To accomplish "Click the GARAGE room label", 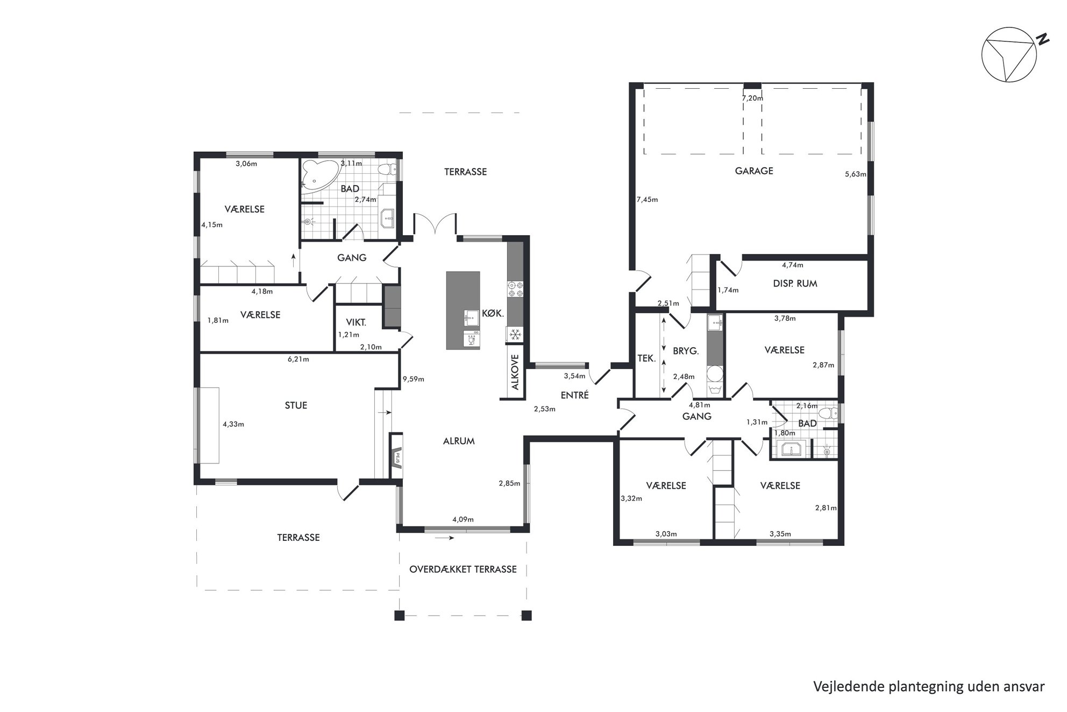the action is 753,171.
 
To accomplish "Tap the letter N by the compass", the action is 1043,39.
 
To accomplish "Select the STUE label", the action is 296,405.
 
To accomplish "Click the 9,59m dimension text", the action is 413,379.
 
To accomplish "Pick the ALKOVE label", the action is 515,372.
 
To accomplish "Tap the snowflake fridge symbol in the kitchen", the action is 515,335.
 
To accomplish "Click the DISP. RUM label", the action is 795,284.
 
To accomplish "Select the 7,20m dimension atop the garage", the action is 752,98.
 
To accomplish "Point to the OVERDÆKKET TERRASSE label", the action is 463,569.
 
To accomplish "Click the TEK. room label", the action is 646,357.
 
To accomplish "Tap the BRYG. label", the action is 686,351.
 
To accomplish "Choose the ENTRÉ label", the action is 574,394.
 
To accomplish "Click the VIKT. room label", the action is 356,322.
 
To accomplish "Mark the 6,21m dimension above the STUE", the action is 298,359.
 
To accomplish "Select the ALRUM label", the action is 459,441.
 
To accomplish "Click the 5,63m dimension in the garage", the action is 856,174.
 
